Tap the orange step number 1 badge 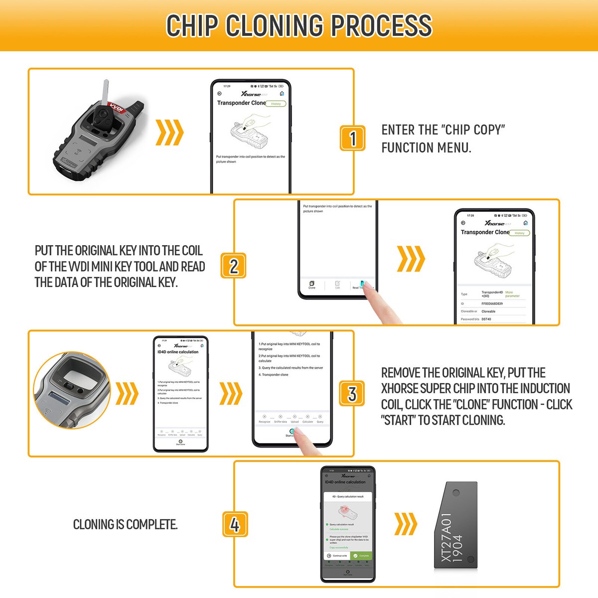tap(353, 138)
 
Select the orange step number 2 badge tap(234, 266)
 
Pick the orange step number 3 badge tap(352, 394)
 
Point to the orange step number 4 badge tap(235, 525)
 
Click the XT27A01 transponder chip tap(454, 526)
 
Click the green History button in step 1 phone tap(276, 104)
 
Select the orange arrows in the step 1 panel tap(170, 133)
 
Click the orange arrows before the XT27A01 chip tap(406, 524)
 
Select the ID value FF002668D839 tap(492, 303)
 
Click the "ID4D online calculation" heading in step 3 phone tap(178, 352)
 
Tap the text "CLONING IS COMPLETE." tap(125, 525)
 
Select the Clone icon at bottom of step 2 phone tap(312, 285)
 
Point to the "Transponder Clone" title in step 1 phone tap(241, 103)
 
